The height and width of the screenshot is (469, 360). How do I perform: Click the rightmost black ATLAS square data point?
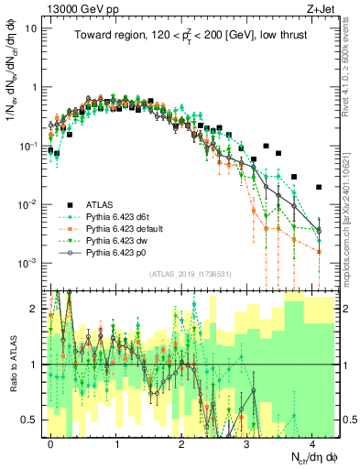point(319,187)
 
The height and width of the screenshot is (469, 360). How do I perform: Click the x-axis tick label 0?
point(51,442)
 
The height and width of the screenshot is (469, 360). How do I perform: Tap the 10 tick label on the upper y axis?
point(31,28)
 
